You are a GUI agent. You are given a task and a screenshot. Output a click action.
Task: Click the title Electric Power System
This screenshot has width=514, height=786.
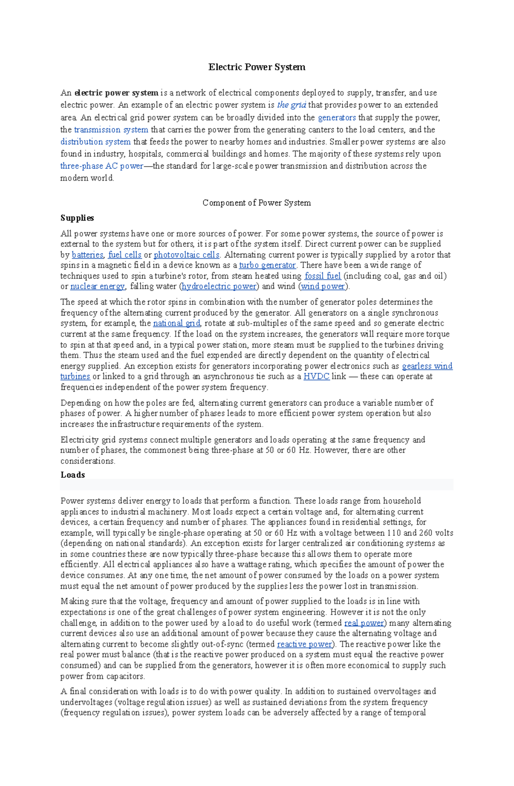257,67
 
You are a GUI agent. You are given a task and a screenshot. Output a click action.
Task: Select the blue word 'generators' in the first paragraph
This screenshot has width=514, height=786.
337,117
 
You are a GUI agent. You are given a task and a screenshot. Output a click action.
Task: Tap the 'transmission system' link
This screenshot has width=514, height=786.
111,130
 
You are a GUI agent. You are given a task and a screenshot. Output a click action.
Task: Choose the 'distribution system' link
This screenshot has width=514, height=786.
96,142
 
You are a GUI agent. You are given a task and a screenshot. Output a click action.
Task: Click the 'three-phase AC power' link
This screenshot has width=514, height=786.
102,166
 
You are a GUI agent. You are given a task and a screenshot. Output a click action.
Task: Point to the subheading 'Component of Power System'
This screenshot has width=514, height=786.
257,203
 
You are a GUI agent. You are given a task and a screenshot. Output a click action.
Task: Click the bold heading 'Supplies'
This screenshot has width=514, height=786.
77,218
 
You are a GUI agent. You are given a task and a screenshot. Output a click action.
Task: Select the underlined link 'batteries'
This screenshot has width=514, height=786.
87,255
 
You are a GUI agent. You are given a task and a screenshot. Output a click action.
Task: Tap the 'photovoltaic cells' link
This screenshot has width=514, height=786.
186,255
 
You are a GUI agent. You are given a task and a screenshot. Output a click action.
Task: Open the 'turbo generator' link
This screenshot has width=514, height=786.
267,265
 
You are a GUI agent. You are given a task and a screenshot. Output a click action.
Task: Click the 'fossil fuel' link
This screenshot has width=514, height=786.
323,276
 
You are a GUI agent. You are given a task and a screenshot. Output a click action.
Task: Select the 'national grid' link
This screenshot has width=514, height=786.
176,323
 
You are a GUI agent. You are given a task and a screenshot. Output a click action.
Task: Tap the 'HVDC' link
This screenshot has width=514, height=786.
316,377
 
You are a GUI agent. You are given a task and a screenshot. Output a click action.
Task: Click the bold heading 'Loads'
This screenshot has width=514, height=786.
73,475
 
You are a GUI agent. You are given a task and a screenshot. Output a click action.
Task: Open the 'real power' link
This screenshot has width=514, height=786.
364,623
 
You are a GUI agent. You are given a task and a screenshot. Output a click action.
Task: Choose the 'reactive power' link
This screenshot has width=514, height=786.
305,644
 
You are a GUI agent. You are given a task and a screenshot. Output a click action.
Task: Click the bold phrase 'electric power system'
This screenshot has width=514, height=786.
116,93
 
